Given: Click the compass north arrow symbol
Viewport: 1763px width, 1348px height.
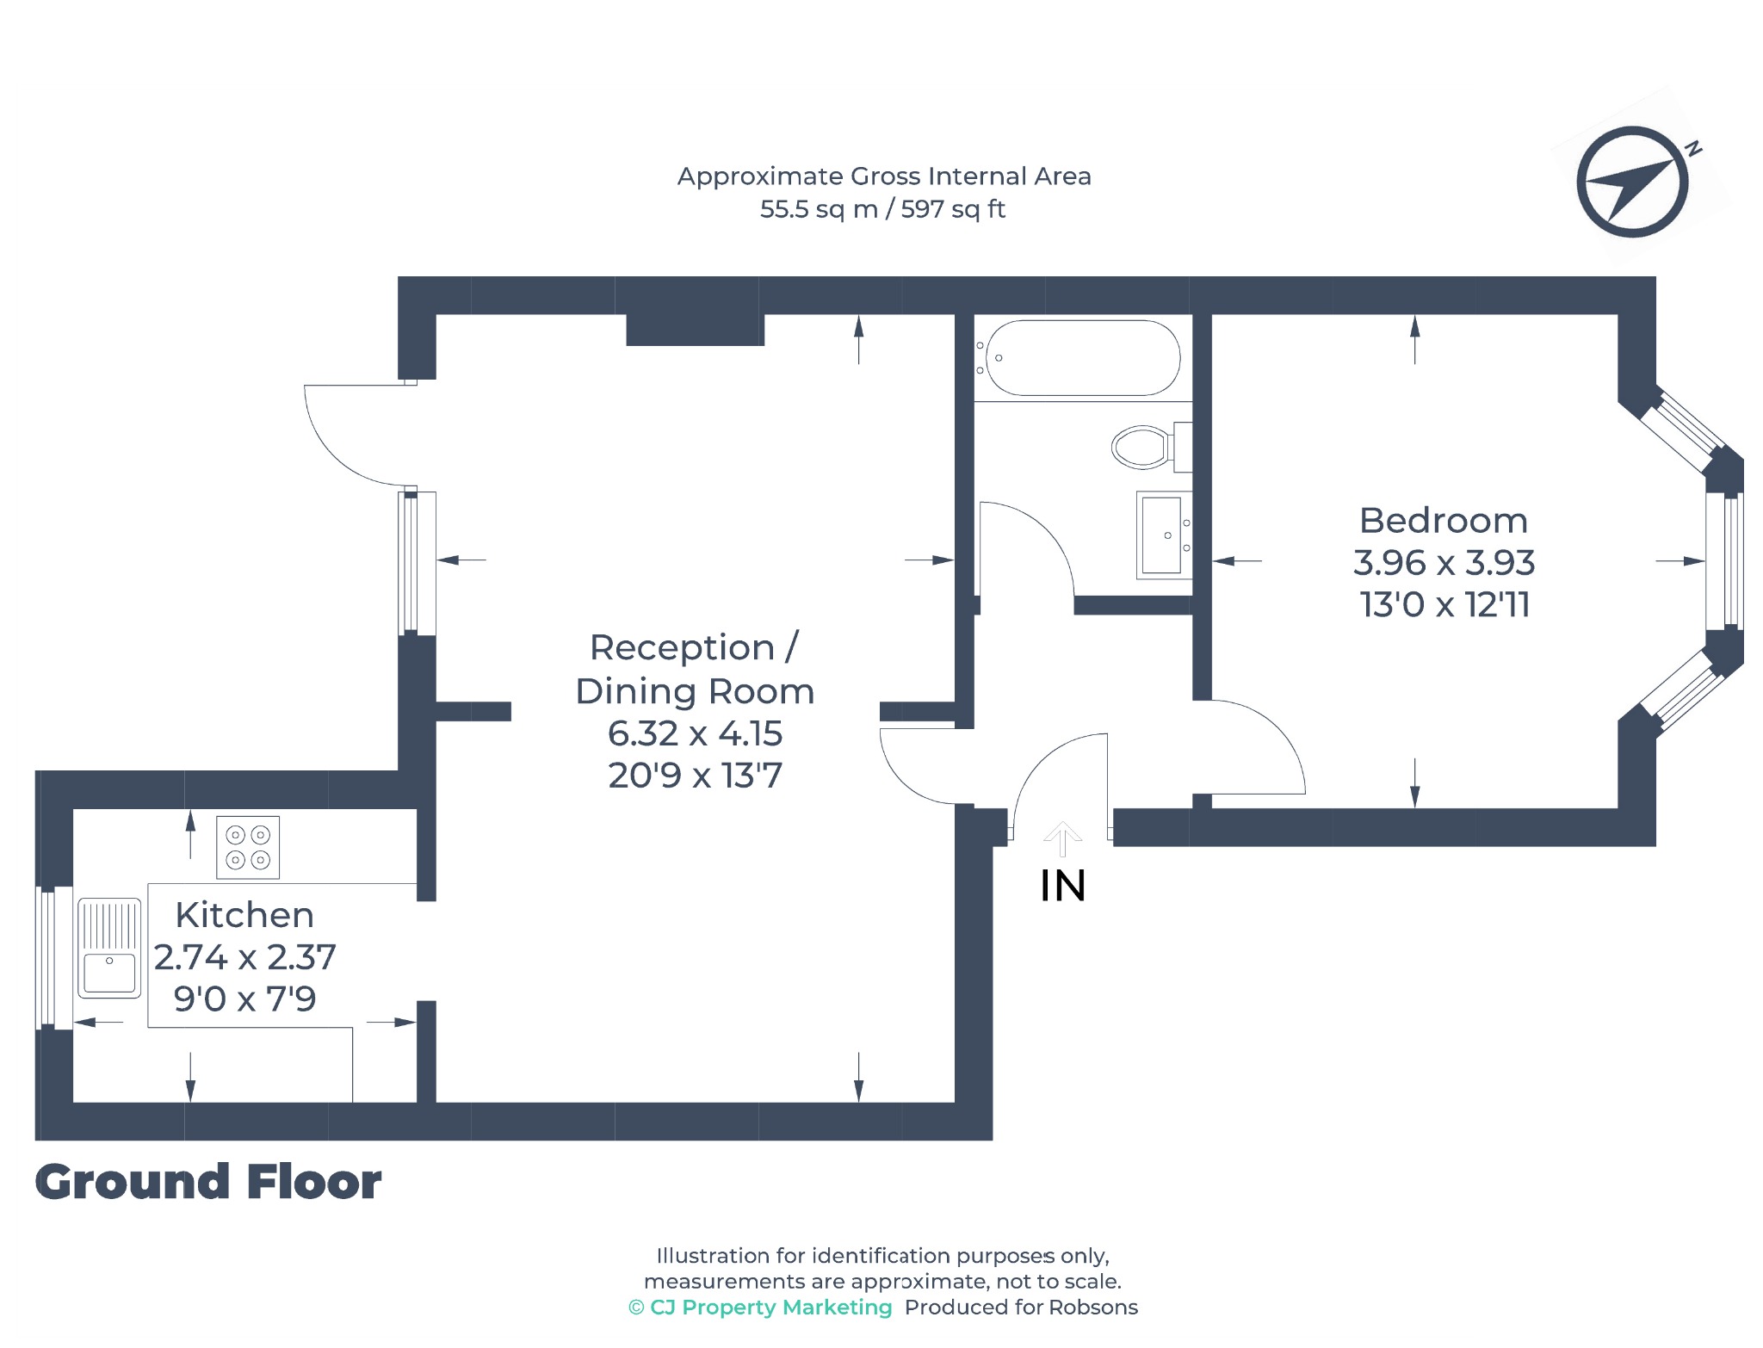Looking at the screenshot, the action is click(x=1632, y=182).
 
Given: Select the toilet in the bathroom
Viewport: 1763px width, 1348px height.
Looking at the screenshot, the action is click(x=1152, y=447).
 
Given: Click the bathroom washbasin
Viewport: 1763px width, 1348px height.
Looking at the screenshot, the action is click(x=1164, y=535).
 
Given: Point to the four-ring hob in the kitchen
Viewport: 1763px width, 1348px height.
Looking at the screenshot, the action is click(x=248, y=847).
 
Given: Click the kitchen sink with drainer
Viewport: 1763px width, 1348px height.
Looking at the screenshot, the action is click(x=109, y=948).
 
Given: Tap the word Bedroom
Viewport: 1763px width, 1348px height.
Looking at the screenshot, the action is click(x=1444, y=521).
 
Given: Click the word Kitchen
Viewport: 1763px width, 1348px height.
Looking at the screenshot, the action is click(x=244, y=915).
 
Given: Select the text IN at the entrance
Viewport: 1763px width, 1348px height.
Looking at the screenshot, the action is click(x=1062, y=886).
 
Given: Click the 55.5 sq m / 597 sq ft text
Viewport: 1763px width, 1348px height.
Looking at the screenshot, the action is click(x=882, y=209).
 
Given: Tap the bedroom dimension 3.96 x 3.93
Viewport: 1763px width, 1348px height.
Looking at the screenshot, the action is click(x=1444, y=563).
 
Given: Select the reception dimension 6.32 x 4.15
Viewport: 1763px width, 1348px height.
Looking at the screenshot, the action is click(x=695, y=733).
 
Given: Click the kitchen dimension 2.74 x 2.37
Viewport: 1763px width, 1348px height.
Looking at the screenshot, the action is click(x=244, y=957).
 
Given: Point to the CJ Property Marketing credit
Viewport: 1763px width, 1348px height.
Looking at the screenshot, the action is click(x=760, y=1308).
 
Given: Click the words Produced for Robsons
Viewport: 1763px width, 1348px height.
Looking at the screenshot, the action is click(x=1021, y=1308).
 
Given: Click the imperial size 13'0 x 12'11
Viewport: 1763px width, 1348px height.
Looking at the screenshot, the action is click(x=1444, y=605).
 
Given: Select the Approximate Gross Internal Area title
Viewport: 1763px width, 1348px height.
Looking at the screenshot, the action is click(x=884, y=176).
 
